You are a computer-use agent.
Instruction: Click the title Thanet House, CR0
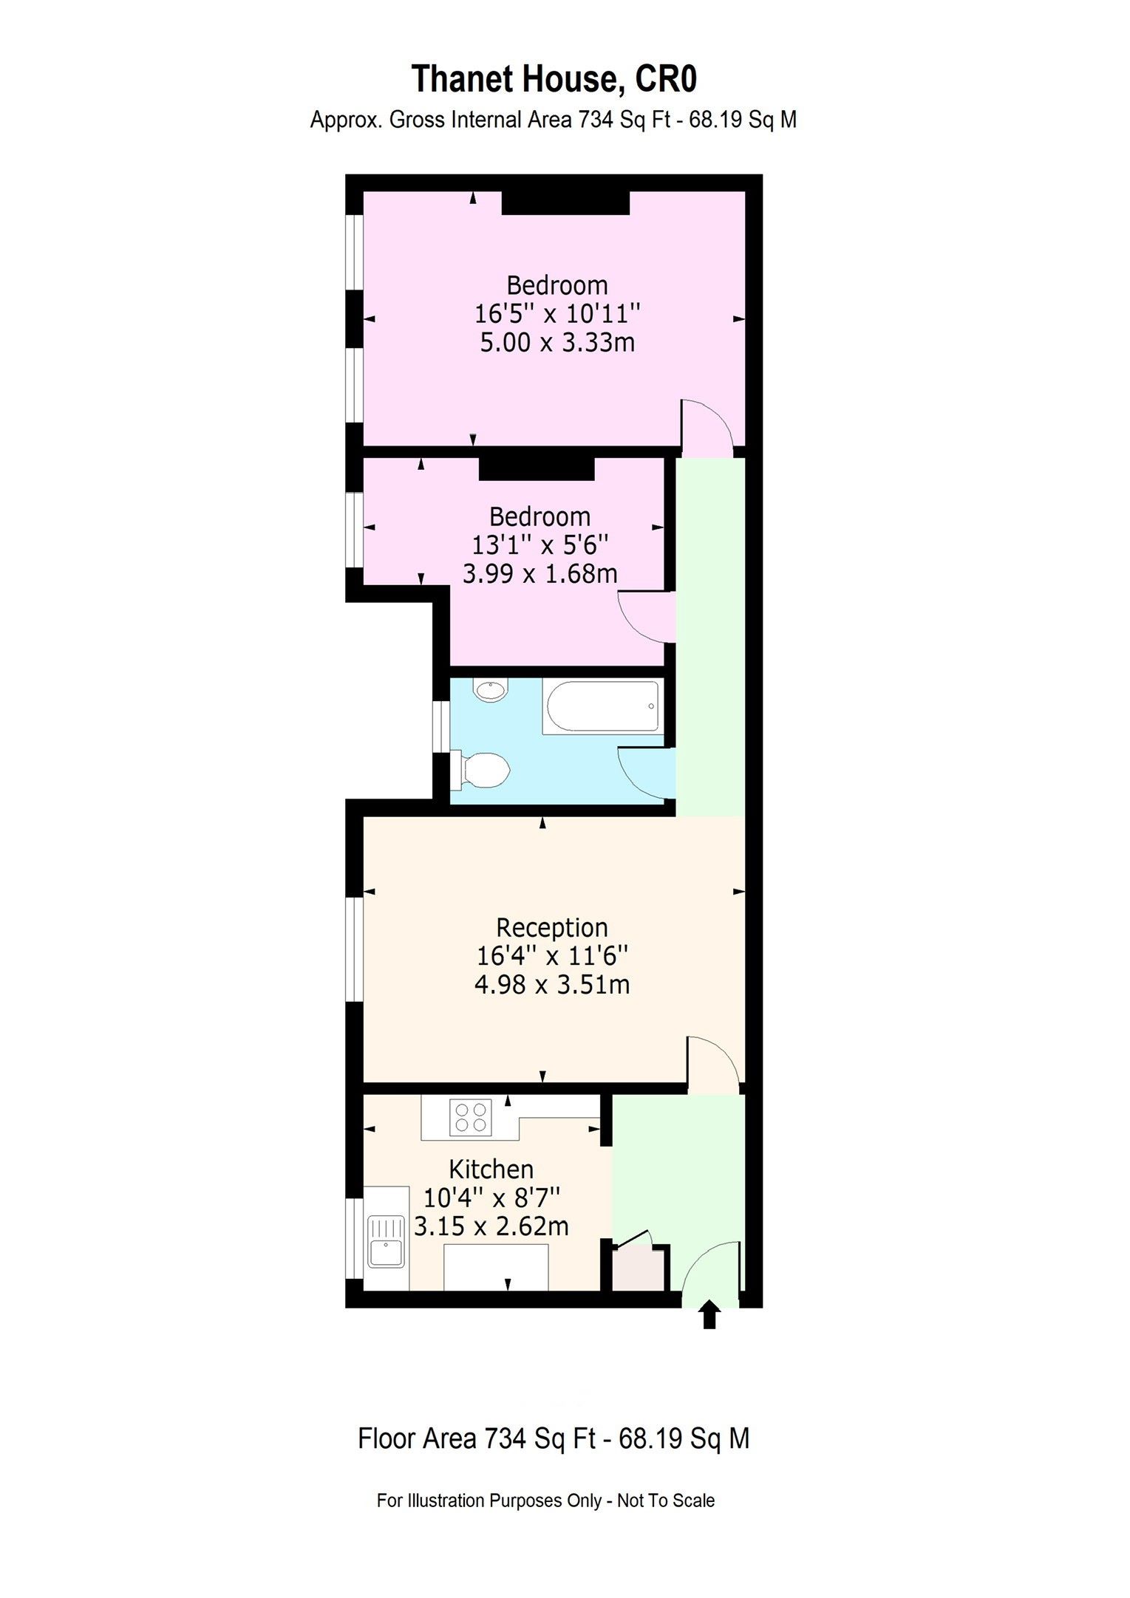point(554,80)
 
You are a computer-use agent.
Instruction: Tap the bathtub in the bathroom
point(602,707)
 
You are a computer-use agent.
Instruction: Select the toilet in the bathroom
point(484,769)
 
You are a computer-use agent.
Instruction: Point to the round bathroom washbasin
point(490,691)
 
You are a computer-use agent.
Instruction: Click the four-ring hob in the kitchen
point(471,1117)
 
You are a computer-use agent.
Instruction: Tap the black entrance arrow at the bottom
point(709,1315)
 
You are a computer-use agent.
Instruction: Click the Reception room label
point(551,928)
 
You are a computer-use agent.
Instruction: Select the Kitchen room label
point(491,1170)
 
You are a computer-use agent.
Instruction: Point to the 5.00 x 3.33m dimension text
point(557,343)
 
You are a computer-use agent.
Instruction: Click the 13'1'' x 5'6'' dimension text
point(540,545)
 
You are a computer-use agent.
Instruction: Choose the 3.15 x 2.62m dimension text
point(491,1226)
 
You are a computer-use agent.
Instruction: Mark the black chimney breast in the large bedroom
point(565,203)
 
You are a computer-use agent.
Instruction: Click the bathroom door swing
point(646,772)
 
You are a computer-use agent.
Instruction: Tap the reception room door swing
point(711,1064)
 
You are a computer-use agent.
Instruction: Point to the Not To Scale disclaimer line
point(545,1500)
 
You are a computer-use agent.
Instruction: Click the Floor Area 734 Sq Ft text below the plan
point(554,1438)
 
